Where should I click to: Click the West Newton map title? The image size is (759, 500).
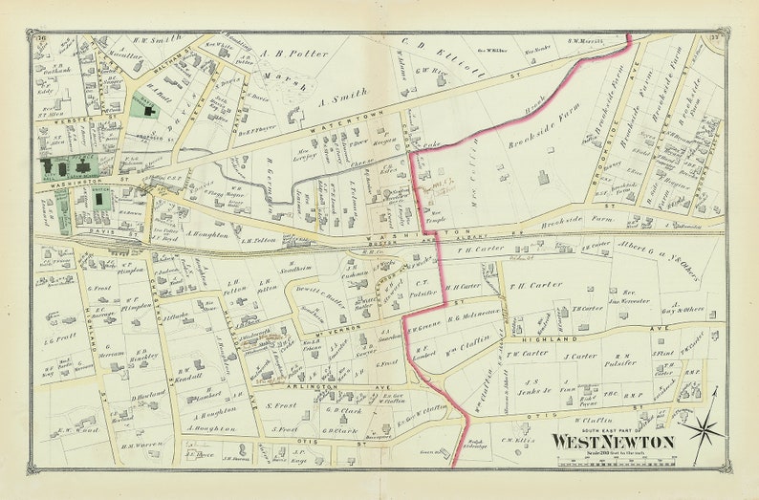click(612, 442)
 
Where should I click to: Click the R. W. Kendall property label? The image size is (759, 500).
click(191, 378)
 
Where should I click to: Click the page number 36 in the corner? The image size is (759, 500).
click(43, 38)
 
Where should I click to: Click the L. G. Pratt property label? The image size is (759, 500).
click(61, 337)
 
